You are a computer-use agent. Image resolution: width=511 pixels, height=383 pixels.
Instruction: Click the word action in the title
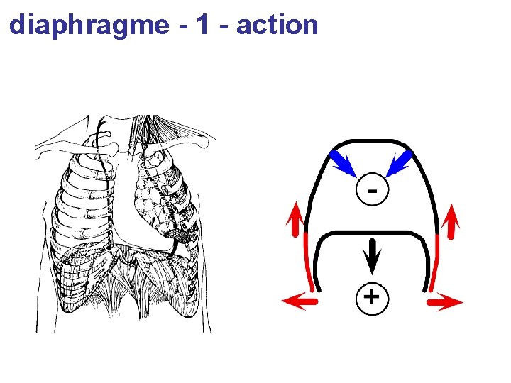coord(277,25)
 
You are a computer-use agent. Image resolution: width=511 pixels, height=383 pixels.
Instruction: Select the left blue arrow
coord(345,162)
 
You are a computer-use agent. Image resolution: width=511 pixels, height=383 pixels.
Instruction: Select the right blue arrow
coord(400,162)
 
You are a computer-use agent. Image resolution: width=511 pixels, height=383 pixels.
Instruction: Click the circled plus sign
coord(372,296)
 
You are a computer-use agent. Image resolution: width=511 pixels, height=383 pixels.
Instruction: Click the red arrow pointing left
coord(298,302)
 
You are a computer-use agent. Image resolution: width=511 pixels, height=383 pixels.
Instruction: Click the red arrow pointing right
coord(446,302)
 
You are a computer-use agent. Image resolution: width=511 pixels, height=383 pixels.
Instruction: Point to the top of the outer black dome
coord(372,141)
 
